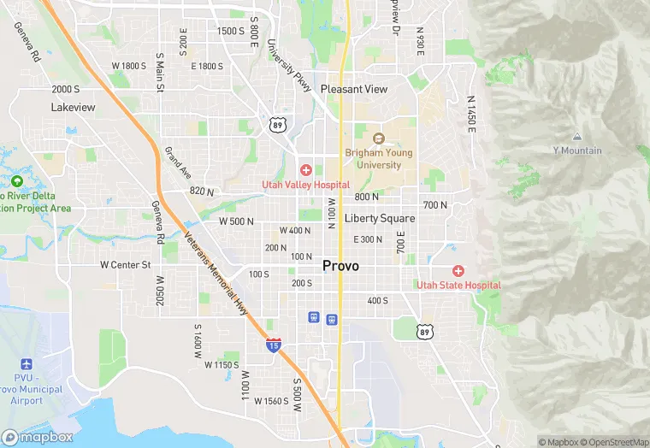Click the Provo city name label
[340, 266]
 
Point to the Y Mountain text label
[576, 150]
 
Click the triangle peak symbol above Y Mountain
[577, 137]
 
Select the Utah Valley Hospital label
[305, 185]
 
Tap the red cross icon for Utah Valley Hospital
[305, 170]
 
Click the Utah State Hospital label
[458, 285]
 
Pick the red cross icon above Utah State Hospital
[458, 270]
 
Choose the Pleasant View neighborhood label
[354, 89]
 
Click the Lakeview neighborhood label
[74, 108]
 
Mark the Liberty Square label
[379, 218]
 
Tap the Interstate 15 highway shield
[273, 345]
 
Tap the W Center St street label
[125, 265]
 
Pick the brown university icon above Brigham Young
[379, 139]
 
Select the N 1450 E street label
[470, 112]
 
